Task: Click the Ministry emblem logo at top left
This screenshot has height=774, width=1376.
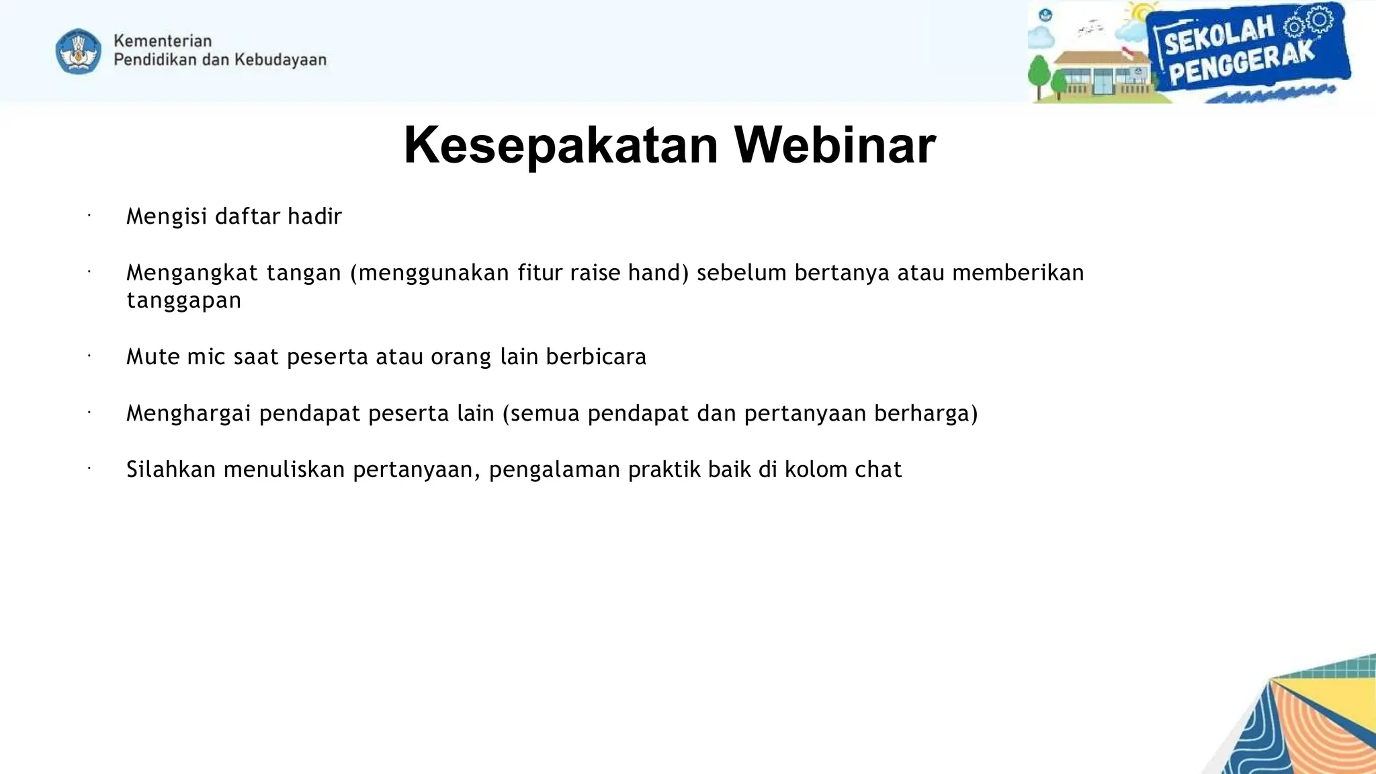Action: pyautogui.click(x=79, y=51)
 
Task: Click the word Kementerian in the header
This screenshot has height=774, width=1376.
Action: pyautogui.click(x=163, y=41)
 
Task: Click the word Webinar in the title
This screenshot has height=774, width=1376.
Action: pyautogui.click(x=834, y=145)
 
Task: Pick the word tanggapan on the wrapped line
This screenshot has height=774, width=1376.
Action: pyautogui.click(x=183, y=300)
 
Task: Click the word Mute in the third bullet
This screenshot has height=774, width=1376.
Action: pyautogui.click(x=153, y=357)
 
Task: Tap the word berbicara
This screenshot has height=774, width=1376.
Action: pyautogui.click(x=596, y=357)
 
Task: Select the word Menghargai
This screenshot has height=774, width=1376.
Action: pyautogui.click(x=189, y=413)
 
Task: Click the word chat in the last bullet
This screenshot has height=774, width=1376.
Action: pyautogui.click(x=877, y=470)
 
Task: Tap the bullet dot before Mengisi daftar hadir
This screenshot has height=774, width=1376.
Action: pyautogui.click(x=89, y=216)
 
